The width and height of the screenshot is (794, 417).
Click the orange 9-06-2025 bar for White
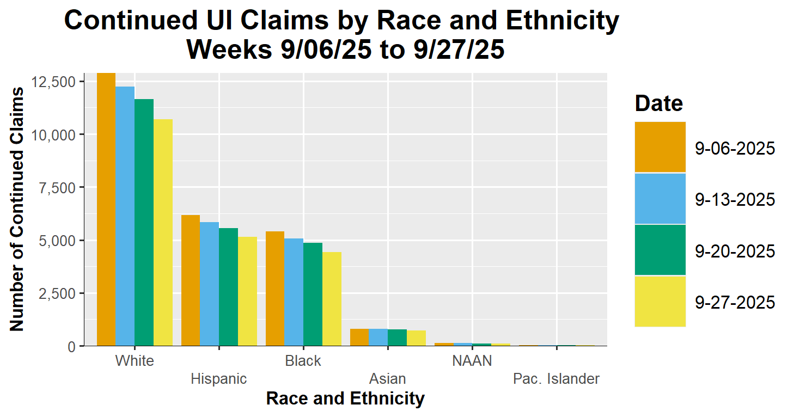click(x=106, y=209)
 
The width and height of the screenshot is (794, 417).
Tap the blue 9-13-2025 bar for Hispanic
click(x=210, y=284)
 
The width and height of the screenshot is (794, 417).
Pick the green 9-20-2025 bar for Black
click(x=313, y=294)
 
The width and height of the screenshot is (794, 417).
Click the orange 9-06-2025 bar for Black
click(x=275, y=289)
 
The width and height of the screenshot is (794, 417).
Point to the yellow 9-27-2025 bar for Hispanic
click(x=247, y=291)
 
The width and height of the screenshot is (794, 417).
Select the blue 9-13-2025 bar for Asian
click(x=378, y=337)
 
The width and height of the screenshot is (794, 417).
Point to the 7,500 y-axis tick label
click(x=58, y=188)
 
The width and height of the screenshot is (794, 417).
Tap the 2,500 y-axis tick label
click(x=58, y=293)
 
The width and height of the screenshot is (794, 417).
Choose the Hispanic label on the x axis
click(x=219, y=379)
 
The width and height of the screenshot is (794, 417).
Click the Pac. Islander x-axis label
click(x=556, y=379)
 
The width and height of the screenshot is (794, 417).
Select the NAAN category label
click(x=472, y=361)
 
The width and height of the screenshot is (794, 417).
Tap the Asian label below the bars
click(x=387, y=379)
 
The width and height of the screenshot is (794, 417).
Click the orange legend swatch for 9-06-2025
click(x=660, y=147)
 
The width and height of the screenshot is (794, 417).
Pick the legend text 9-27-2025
click(x=735, y=302)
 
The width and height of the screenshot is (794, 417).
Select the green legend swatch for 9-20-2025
click(x=660, y=250)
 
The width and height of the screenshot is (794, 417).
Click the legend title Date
click(x=659, y=103)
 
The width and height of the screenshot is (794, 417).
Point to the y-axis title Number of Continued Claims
click(x=17, y=208)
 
